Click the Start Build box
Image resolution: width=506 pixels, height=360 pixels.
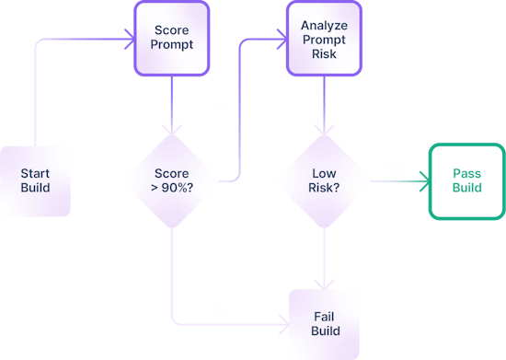[x=35, y=181]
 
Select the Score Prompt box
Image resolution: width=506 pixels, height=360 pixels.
[x=171, y=38]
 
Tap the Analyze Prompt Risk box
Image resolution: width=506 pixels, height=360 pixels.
[x=324, y=38]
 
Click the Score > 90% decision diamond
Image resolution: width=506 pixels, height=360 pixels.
[x=171, y=181]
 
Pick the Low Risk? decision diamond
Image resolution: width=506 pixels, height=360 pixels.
[x=324, y=181]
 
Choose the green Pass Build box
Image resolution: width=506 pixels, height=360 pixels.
[x=466, y=181]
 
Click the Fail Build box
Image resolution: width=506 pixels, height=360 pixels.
[x=324, y=323]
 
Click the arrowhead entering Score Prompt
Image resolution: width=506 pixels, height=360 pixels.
[x=129, y=39]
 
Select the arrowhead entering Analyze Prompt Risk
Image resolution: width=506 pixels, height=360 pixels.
[x=281, y=39]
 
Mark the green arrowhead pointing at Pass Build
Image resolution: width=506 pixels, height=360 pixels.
[x=423, y=181]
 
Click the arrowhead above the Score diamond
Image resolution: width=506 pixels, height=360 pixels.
[x=171, y=130]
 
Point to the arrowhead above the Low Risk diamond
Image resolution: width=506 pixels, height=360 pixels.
[x=324, y=130]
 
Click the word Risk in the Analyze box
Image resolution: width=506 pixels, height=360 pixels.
[x=324, y=52]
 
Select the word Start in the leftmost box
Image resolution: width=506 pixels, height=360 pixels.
[x=35, y=174]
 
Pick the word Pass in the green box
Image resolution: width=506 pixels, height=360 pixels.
[x=466, y=174]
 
